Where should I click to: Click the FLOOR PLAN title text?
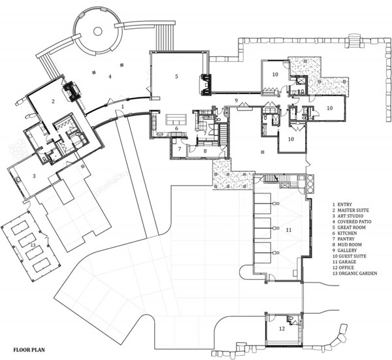pos(29,350)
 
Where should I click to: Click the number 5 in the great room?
pos(176,76)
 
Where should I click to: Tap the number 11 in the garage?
pos(289,230)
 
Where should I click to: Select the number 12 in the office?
pos(282,329)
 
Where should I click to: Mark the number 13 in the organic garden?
pos(33,245)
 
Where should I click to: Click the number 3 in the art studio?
pos(34,176)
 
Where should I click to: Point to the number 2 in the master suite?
pos(53,101)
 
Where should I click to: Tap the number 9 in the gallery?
pos(237,101)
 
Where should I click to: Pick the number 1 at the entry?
pos(123,106)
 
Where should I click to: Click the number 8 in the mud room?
pos(205,151)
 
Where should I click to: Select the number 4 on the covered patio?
pos(110,76)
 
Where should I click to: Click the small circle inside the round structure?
pos(98,31)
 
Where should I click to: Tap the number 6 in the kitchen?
pos(176,128)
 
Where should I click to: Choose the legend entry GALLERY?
pos(345,250)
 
